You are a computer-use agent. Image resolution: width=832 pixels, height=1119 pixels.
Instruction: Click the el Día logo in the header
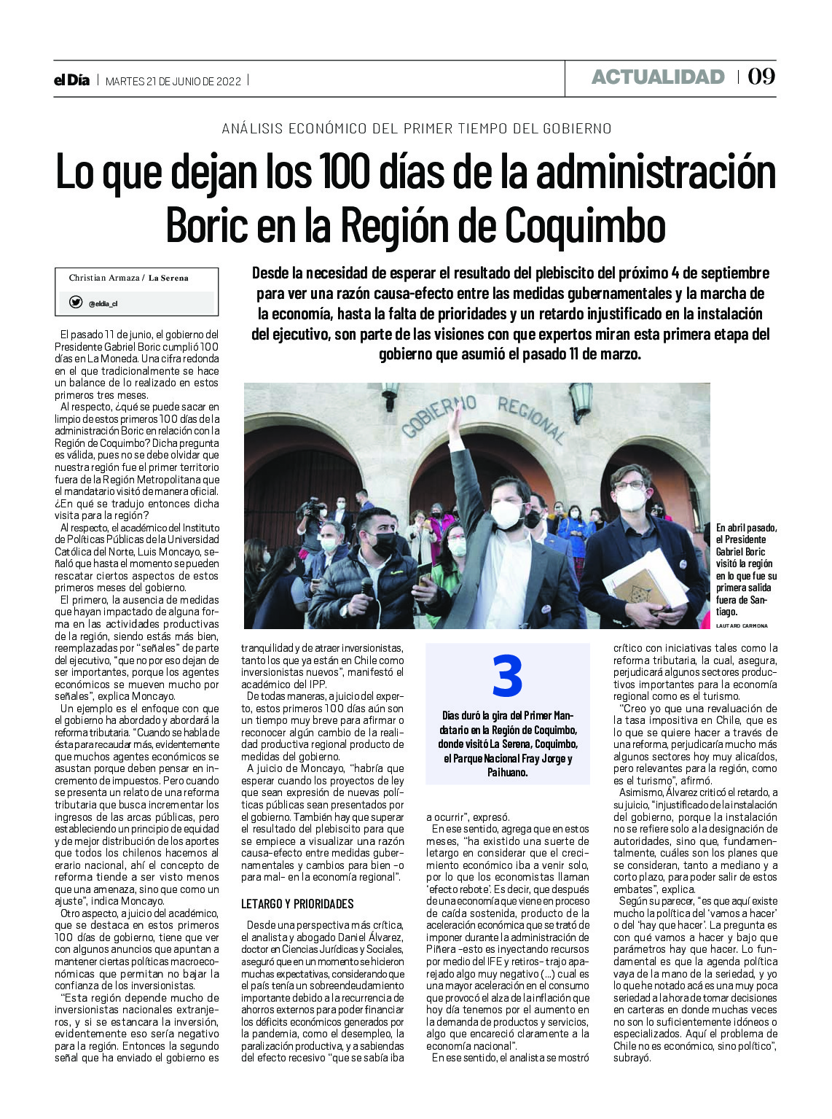click(71, 80)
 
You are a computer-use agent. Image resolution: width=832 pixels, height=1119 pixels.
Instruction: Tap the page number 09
click(761, 77)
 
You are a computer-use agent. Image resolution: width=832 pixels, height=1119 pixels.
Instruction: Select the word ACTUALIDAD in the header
click(657, 77)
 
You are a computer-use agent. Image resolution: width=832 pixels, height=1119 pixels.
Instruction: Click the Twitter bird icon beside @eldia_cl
click(76, 302)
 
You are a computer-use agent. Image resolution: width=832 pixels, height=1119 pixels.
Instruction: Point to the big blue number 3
click(507, 677)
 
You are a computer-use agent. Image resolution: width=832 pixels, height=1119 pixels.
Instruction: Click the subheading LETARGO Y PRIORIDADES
click(297, 904)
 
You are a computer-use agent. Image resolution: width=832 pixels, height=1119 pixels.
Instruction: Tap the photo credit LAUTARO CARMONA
click(742, 625)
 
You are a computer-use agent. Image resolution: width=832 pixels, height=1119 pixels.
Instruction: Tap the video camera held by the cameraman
click(314, 507)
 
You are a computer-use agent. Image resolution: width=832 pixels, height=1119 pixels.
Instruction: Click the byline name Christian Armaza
click(104, 278)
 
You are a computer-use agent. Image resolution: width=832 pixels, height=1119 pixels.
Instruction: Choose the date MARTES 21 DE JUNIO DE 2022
click(173, 81)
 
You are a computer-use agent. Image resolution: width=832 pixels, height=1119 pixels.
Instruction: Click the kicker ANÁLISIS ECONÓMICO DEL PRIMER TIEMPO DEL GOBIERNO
click(416, 128)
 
